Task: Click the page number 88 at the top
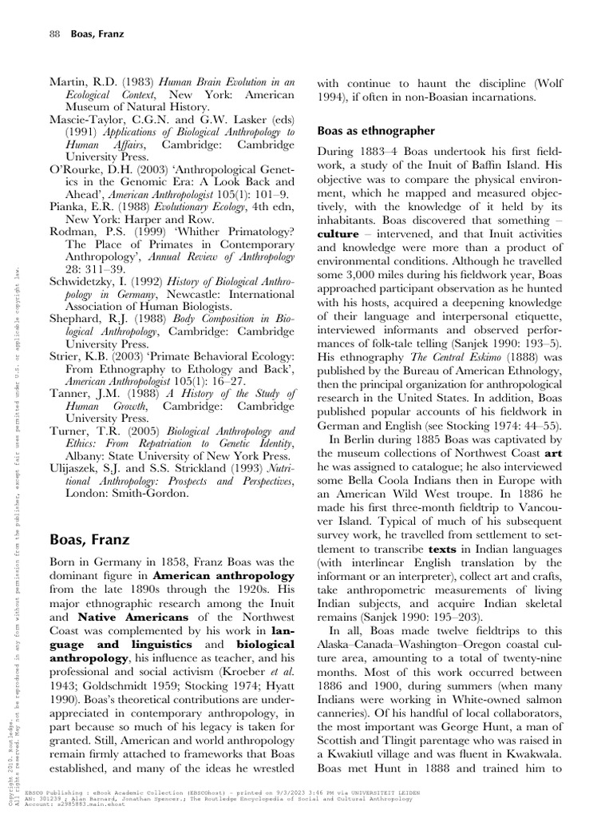coord(54,35)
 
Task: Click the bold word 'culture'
coord(338,235)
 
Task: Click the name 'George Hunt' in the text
coord(484,724)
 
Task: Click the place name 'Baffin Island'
coord(523,165)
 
